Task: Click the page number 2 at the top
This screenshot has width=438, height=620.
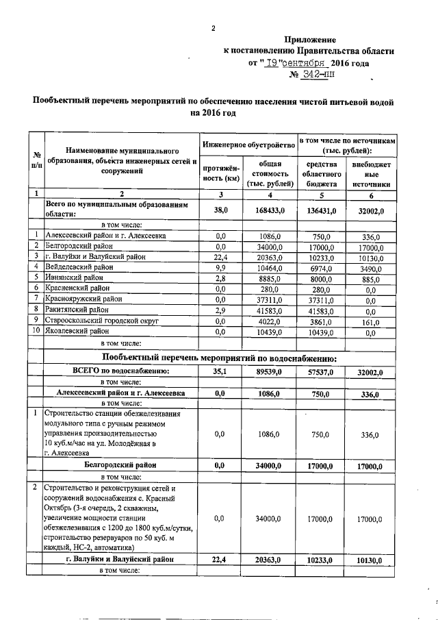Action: coord(214,28)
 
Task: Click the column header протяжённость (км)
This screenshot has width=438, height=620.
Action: coord(220,173)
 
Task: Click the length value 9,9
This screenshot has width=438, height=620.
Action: coord(220,266)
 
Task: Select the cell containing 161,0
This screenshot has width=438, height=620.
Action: coord(370,321)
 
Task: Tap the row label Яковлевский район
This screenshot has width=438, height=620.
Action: coord(76,332)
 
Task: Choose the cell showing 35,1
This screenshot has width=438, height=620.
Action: coord(220,371)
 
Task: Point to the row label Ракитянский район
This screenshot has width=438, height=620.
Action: coord(76,310)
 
